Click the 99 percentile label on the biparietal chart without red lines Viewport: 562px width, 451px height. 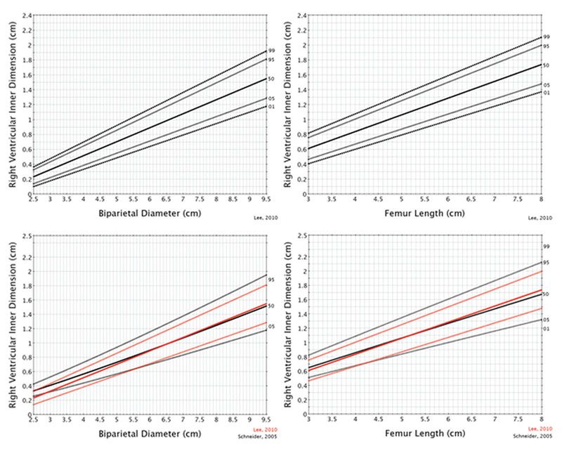[270, 51]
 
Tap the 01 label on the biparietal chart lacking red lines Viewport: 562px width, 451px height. [270, 107]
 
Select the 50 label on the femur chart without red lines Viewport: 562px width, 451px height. [546, 65]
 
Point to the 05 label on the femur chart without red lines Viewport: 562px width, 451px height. [546, 84]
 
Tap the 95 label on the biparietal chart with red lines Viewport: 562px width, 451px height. [270, 280]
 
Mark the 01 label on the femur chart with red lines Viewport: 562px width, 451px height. [546, 329]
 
